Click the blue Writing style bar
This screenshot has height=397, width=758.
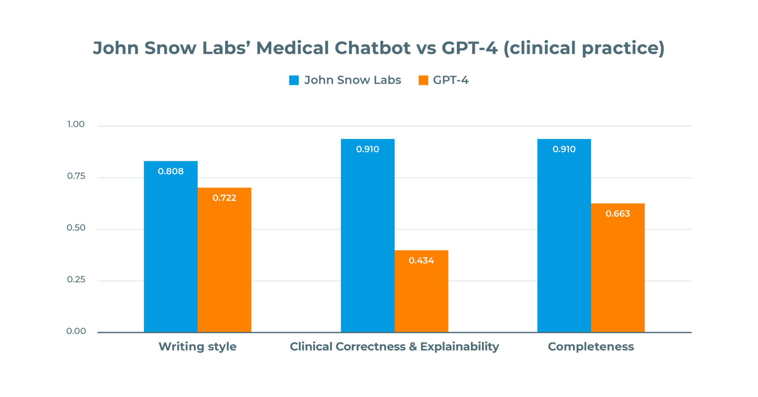(x=171, y=252)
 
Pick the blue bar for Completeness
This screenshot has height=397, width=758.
(x=564, y=241)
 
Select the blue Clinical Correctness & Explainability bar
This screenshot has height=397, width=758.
(x=368, y=241)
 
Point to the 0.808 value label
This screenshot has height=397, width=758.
(x=171, y=171)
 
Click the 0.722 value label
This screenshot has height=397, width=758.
(x=224, y=198)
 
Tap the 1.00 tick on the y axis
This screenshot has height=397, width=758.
(x=76, y=124)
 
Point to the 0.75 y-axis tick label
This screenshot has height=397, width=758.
(x=76, y=176)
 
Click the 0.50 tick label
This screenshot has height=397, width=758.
(x=76, y=228)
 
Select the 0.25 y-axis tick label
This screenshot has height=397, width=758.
(x=76, y=280)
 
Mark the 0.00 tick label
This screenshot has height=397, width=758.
(x=76, y=331)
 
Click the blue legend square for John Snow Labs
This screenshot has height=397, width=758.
(x=294, y=80)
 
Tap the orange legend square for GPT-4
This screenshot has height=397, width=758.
(x=423, y=80)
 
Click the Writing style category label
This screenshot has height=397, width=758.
(x=197, y=347)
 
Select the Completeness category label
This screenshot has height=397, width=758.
(x=591, y=347)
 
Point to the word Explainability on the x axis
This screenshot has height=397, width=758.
(x=459, y=347)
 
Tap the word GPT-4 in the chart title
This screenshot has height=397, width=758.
(x=469, y=48)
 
